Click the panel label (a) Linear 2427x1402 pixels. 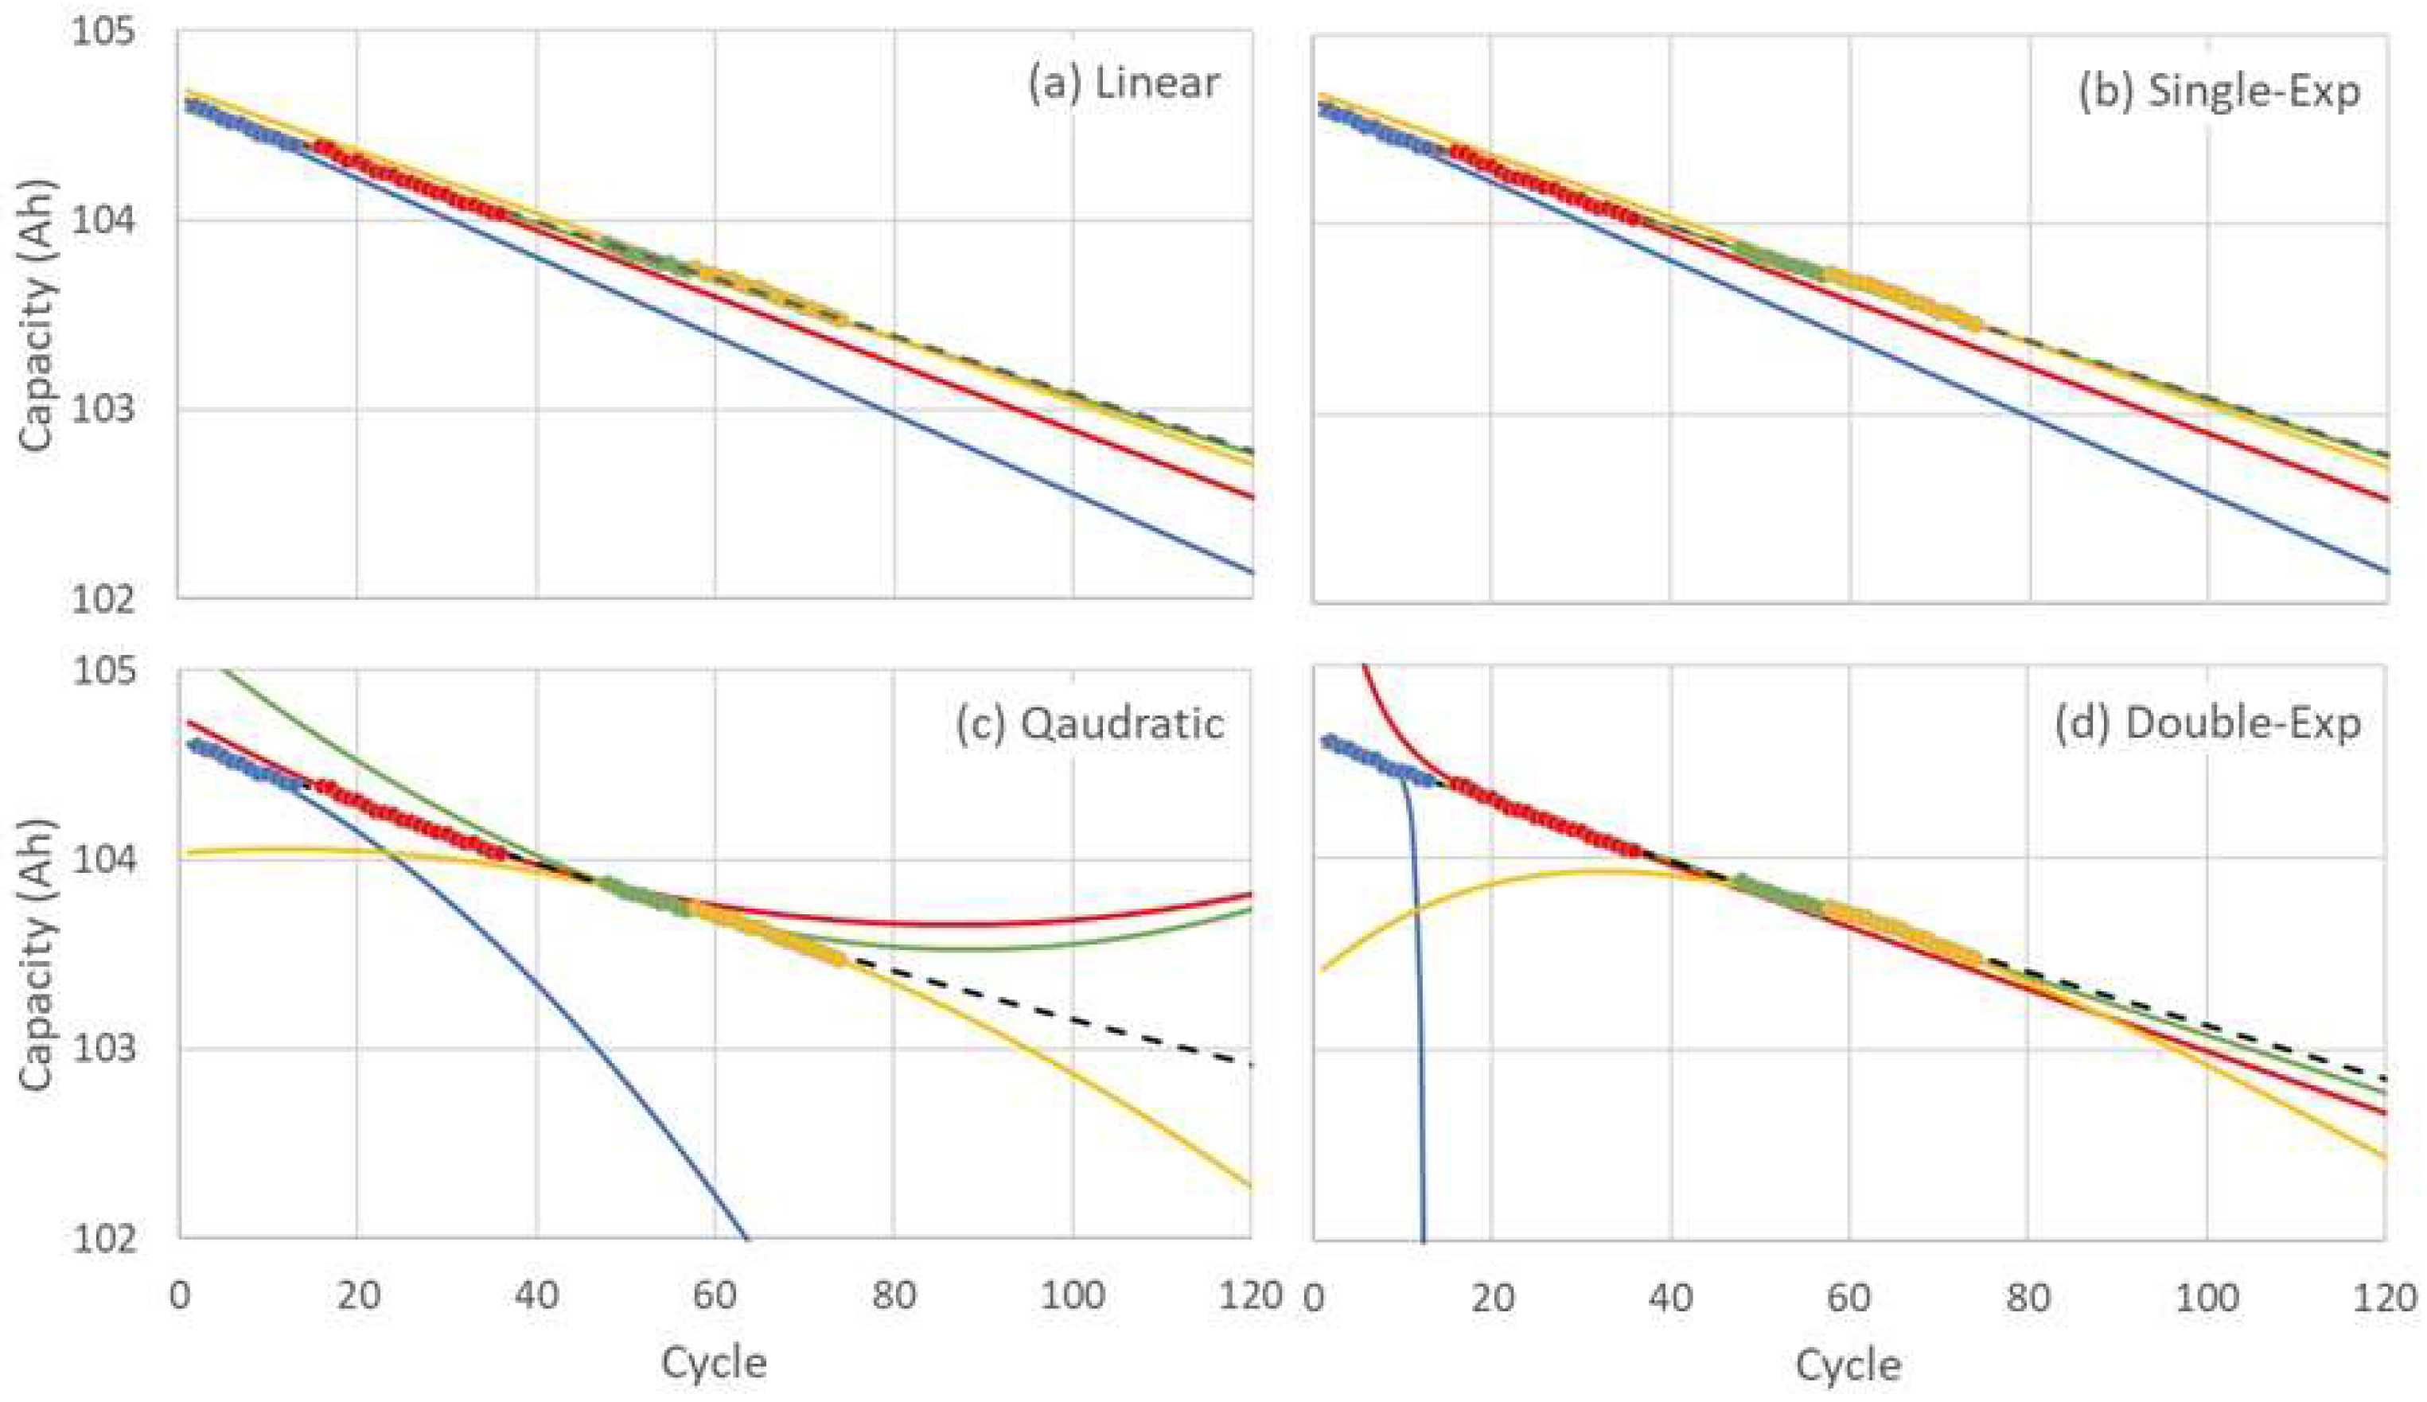(x=1123, y=84)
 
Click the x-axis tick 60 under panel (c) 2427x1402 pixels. (x=715, y=1296)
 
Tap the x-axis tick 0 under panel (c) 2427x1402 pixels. (x=179, y=1296)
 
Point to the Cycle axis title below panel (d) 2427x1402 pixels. (x=1848, y=1365)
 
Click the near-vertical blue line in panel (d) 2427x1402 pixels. (x=1419, y=1059)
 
